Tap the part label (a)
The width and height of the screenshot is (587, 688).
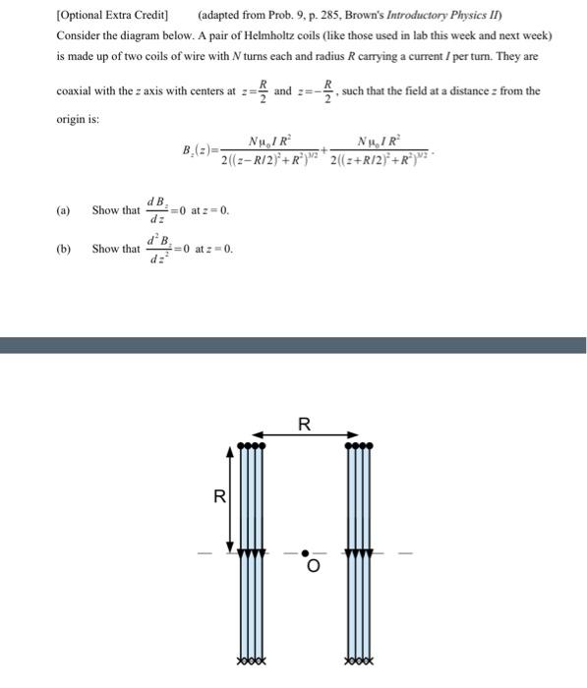click(x=64, y=210)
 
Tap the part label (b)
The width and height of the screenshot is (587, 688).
click(x=64, y=249)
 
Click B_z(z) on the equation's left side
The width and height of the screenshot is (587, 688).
click(x=202, y=149)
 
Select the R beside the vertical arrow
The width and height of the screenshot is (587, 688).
click(x=219, y=496)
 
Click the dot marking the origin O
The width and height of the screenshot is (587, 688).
click(x=305, y=552)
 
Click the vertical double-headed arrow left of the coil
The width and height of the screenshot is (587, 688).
click(x=231, y=498)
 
